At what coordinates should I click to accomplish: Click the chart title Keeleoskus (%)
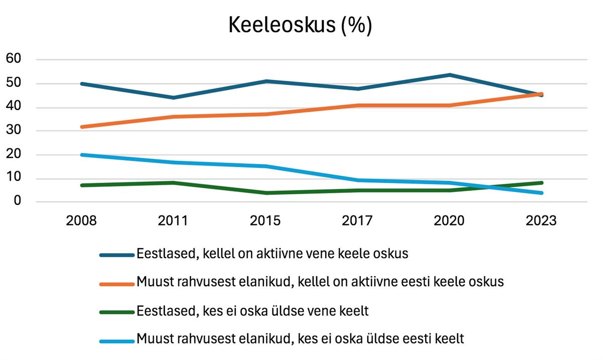click(x=300, y=26)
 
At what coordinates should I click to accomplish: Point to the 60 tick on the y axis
click(x=14, y=59)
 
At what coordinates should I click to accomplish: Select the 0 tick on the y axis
click(x=17, y=201)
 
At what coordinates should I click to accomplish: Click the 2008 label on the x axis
click(x=82, y=221)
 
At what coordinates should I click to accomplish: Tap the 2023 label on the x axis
click(x=541, y=221)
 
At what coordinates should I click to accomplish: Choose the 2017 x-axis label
click(x=357, y=221)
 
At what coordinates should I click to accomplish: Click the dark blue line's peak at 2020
click(x=449, y=75)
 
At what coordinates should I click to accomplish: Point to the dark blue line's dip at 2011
click(x=173, y=97)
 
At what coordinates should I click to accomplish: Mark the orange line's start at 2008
click(x=82, y=127)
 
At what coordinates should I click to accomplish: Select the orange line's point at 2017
click(x=357, y=105)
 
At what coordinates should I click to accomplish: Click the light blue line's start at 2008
click(x=82, y=155)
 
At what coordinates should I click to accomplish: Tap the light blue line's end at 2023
click(x=541, y=193)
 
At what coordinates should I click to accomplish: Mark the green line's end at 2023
click(x=541, y=183)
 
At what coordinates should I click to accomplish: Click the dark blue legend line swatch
click(x=117, y=255)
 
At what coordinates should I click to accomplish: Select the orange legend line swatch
click(x=117, y=284)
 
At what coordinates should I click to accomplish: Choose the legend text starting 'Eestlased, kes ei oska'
click(x=253, y=311)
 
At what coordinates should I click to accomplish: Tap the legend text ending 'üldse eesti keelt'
click(x=300, y=339)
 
